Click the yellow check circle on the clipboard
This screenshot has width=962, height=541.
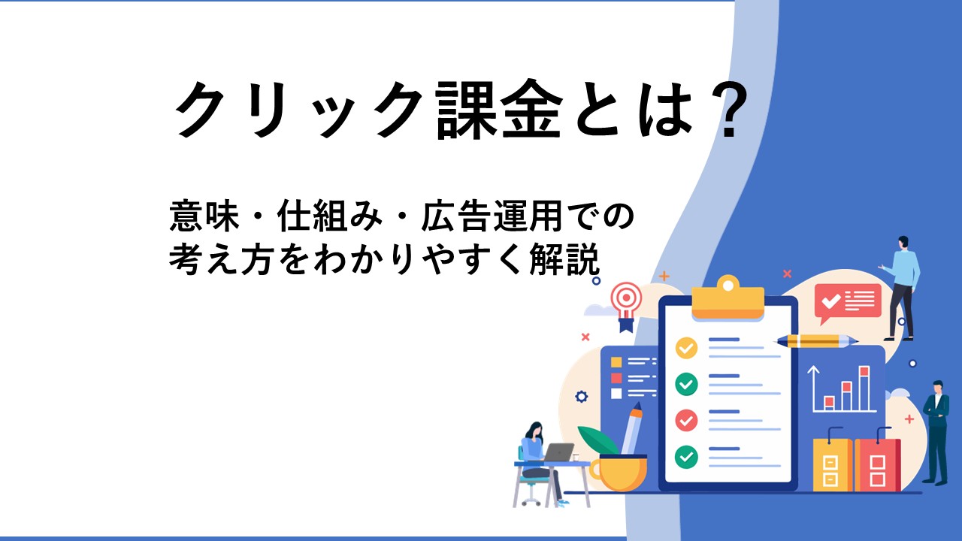pyautogui.click(x=686, y=348)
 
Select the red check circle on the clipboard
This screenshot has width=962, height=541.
pyautogui.click(x=686, y=420)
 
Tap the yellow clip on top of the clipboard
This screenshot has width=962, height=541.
pyautogui.click(x=728, y=297)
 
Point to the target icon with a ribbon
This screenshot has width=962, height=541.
pyautogui.click(x=627, y=307)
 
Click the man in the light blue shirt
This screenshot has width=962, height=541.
pyautogui.click(x=901, y=288)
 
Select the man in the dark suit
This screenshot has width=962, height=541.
pyautogui.click(x=936, y=433)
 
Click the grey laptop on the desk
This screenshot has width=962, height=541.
pyautogui.click(x=558, y=452)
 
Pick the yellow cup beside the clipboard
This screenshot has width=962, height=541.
pyautogui.click(x=619, y=473)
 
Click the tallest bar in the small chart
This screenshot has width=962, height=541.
pyautogui.click(x=864, y=388)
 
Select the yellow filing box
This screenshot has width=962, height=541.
pyautogui.click(x=832, y=463)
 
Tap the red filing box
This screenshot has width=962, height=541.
pyautogui.click(x=877, y=463)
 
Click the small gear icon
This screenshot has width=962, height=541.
pyautogui.click(x=582, y=396)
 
